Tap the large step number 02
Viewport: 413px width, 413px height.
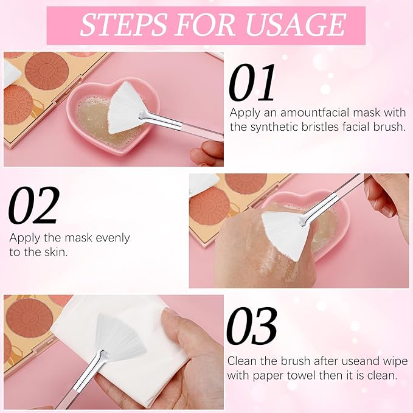pyautogui.click(x=34, y=205)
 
